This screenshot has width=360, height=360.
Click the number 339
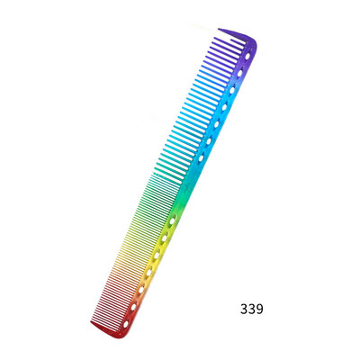(x=252, y=310)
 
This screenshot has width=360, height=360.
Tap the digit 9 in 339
(x=259, y=310)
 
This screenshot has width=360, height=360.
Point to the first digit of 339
(x=244, y=310)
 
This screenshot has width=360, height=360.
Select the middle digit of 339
(x=252, y=310)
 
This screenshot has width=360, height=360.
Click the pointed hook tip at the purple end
(x=219, y=29)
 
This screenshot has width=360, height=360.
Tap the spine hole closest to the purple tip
(x=247, y=56)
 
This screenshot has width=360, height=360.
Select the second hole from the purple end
(x=240, y=73)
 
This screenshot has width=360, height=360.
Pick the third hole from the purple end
(x=232, y=90)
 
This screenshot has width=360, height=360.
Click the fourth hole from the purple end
(x=224, y=106)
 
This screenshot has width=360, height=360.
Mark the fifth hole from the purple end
(x=217, y=123)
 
